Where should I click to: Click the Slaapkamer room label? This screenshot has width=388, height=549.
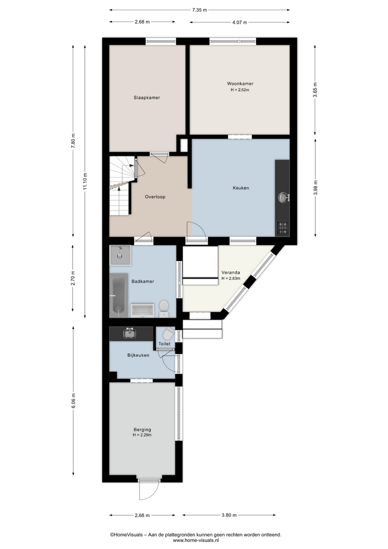point(147,98)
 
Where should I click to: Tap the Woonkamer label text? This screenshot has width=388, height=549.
point(240,84)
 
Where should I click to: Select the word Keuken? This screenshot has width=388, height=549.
point(241,188)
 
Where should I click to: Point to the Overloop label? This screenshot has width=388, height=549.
point(155,197)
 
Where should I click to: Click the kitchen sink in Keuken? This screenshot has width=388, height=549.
point(283,197)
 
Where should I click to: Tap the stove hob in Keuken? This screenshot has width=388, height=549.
point(282,228)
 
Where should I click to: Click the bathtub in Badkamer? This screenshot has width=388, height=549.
point(119,295)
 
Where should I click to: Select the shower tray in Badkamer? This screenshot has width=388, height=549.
point(120,255)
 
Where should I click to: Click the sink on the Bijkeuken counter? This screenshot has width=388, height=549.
point(130,333)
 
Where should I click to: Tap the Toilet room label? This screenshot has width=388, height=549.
point(165,344)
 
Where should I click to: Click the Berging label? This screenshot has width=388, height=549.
point(142,430)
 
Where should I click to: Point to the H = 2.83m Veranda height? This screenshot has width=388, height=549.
point(231,279)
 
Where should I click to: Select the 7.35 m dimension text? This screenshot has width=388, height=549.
point(200,10)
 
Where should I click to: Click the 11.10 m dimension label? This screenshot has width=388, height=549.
point(85,181)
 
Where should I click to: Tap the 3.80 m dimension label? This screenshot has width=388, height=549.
point(229,515)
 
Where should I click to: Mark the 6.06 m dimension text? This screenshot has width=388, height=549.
point(74,401)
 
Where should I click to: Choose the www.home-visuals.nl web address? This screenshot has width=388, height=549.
point(196,540)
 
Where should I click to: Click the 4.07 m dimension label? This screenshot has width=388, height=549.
point(240,22)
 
